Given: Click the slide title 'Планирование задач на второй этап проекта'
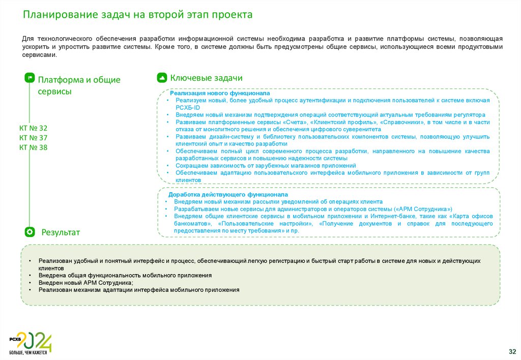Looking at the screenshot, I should [137, 15].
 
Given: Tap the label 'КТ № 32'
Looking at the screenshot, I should [33, 128].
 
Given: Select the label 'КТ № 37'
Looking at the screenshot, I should [33, 138].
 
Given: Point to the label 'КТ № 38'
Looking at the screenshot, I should [33, 147].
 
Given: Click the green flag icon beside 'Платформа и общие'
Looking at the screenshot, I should [30, 78].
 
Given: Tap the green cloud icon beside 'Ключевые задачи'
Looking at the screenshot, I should [162, 78].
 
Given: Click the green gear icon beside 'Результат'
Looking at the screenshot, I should [30, 232].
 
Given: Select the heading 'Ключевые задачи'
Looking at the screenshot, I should [206, 78].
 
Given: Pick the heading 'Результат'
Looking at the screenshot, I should [61, 232].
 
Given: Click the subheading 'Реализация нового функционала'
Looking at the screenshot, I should [220, 94].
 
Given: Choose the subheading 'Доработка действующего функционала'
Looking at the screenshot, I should [228, 195].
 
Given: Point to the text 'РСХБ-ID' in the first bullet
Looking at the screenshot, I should [188, 108].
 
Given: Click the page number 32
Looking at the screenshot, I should [512, 351].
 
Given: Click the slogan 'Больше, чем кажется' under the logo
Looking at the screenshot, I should [28, 352].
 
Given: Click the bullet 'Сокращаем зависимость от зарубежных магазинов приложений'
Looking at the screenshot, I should [266, 166].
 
